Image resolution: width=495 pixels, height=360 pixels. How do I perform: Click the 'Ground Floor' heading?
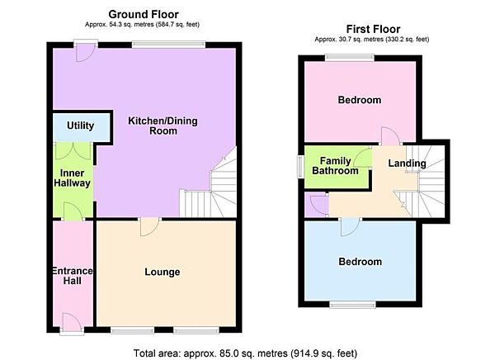pyautogui.click(x=145, y=14)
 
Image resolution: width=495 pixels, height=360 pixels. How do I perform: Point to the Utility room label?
pyautogui.click(x=80, y=126)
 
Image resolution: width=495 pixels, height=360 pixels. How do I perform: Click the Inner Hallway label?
pyautogui.click(x=73, y=178)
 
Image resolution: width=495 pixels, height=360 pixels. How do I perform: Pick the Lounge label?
pyautogui.click(x=162, y=272)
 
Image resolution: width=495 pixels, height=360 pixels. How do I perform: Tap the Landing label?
pyautogui.click(x=407, y=163)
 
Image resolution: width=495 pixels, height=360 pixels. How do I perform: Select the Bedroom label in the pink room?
pyautogui.click(x=360, y=100)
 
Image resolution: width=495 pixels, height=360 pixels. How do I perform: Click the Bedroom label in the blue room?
pyautogui.click(x=360, y=262)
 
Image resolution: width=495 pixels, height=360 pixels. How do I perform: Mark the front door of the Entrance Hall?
pyautogui.click(x=71, y=323)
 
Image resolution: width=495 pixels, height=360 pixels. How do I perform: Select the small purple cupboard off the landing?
pyautogui.click(x=316, y=206)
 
